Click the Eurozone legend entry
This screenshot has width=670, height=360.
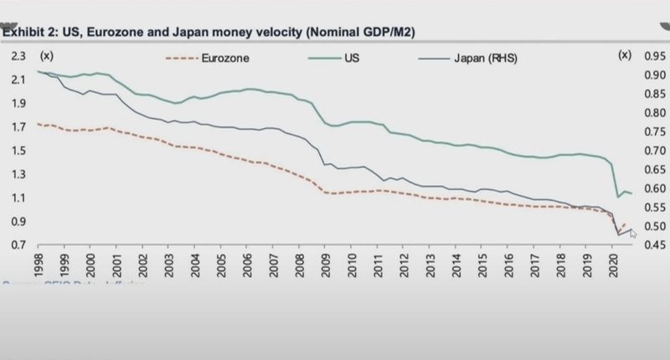(x=225, y=59)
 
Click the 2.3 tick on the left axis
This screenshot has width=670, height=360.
(x=18, y=56)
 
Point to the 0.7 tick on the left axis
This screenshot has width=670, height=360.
(x=18, y=245)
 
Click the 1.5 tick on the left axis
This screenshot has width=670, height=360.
(x=18, y=151)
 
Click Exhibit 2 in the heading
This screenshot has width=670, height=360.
(x=33, y=33)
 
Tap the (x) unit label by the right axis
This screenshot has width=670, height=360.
(x=623, y=56)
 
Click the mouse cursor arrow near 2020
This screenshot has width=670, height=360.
(x=633, y=234)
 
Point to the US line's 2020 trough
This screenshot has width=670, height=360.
(x=618, y=197)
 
